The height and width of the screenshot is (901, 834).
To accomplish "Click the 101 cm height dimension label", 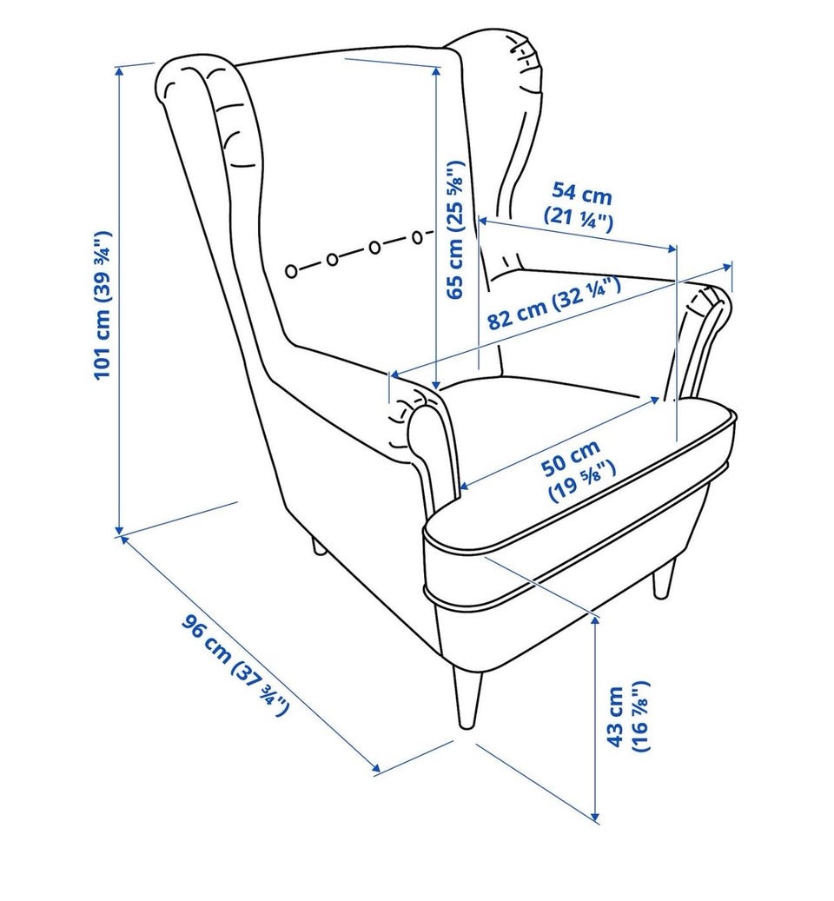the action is [x=103, y=305].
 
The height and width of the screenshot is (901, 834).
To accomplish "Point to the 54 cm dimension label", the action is [x=579, y=207].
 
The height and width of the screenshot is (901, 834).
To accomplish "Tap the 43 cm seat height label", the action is [x=628, y=717].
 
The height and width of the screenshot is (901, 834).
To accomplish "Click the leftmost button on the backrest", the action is [x=292, y=271].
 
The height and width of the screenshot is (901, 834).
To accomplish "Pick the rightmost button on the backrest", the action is [x=418, y=236].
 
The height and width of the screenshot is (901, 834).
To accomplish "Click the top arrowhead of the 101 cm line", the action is [x=120, y=71].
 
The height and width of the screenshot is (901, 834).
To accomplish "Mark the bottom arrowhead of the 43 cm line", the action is [x=597, y=815].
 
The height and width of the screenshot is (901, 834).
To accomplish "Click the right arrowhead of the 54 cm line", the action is [x=672, y=248].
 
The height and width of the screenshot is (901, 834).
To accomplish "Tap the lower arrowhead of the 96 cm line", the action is [x=375, y=767].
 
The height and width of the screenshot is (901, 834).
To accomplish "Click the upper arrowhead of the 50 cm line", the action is [x=655, y=400].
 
